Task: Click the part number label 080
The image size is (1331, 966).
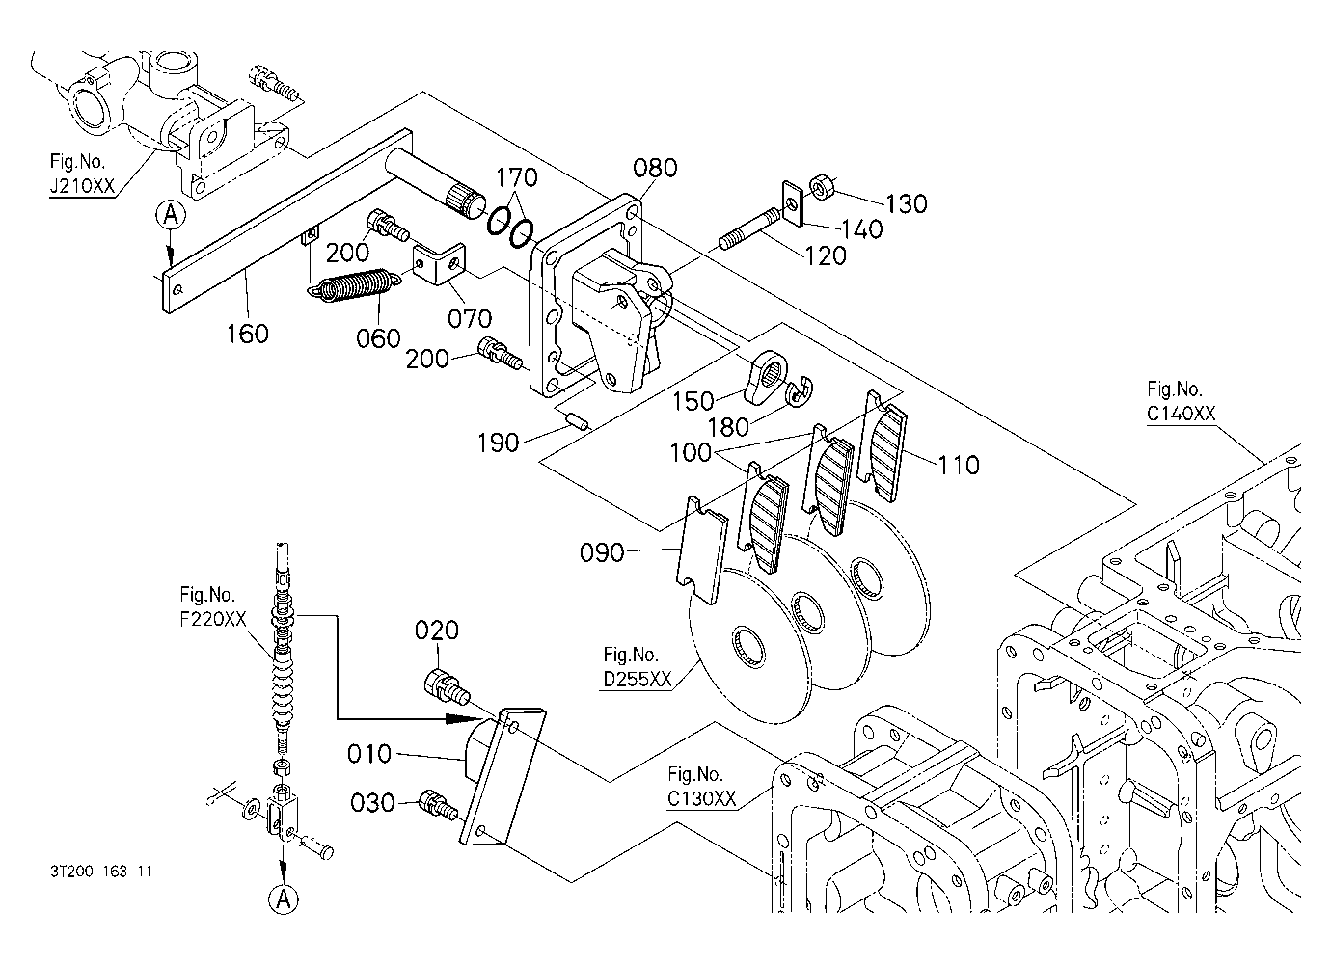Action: coord(655,168)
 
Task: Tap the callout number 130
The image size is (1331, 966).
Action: coord(907,204)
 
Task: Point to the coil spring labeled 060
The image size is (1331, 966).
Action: coord(353,285)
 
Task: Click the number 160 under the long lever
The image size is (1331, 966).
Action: coord(247,334)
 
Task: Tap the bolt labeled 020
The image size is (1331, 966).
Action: coord(447,689)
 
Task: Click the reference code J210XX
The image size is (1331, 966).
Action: coord(82,186)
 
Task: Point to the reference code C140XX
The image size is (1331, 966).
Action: coord(1181,414)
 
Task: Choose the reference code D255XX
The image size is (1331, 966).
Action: coord(637,679)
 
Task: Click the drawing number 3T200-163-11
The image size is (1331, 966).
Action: coord(101,871)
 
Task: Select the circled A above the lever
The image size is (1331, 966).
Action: coord(171,214)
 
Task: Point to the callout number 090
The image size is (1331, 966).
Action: coord(602,553)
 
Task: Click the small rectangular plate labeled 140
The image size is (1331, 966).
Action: coord(792,203)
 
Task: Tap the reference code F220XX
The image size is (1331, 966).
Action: coord(213,619)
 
